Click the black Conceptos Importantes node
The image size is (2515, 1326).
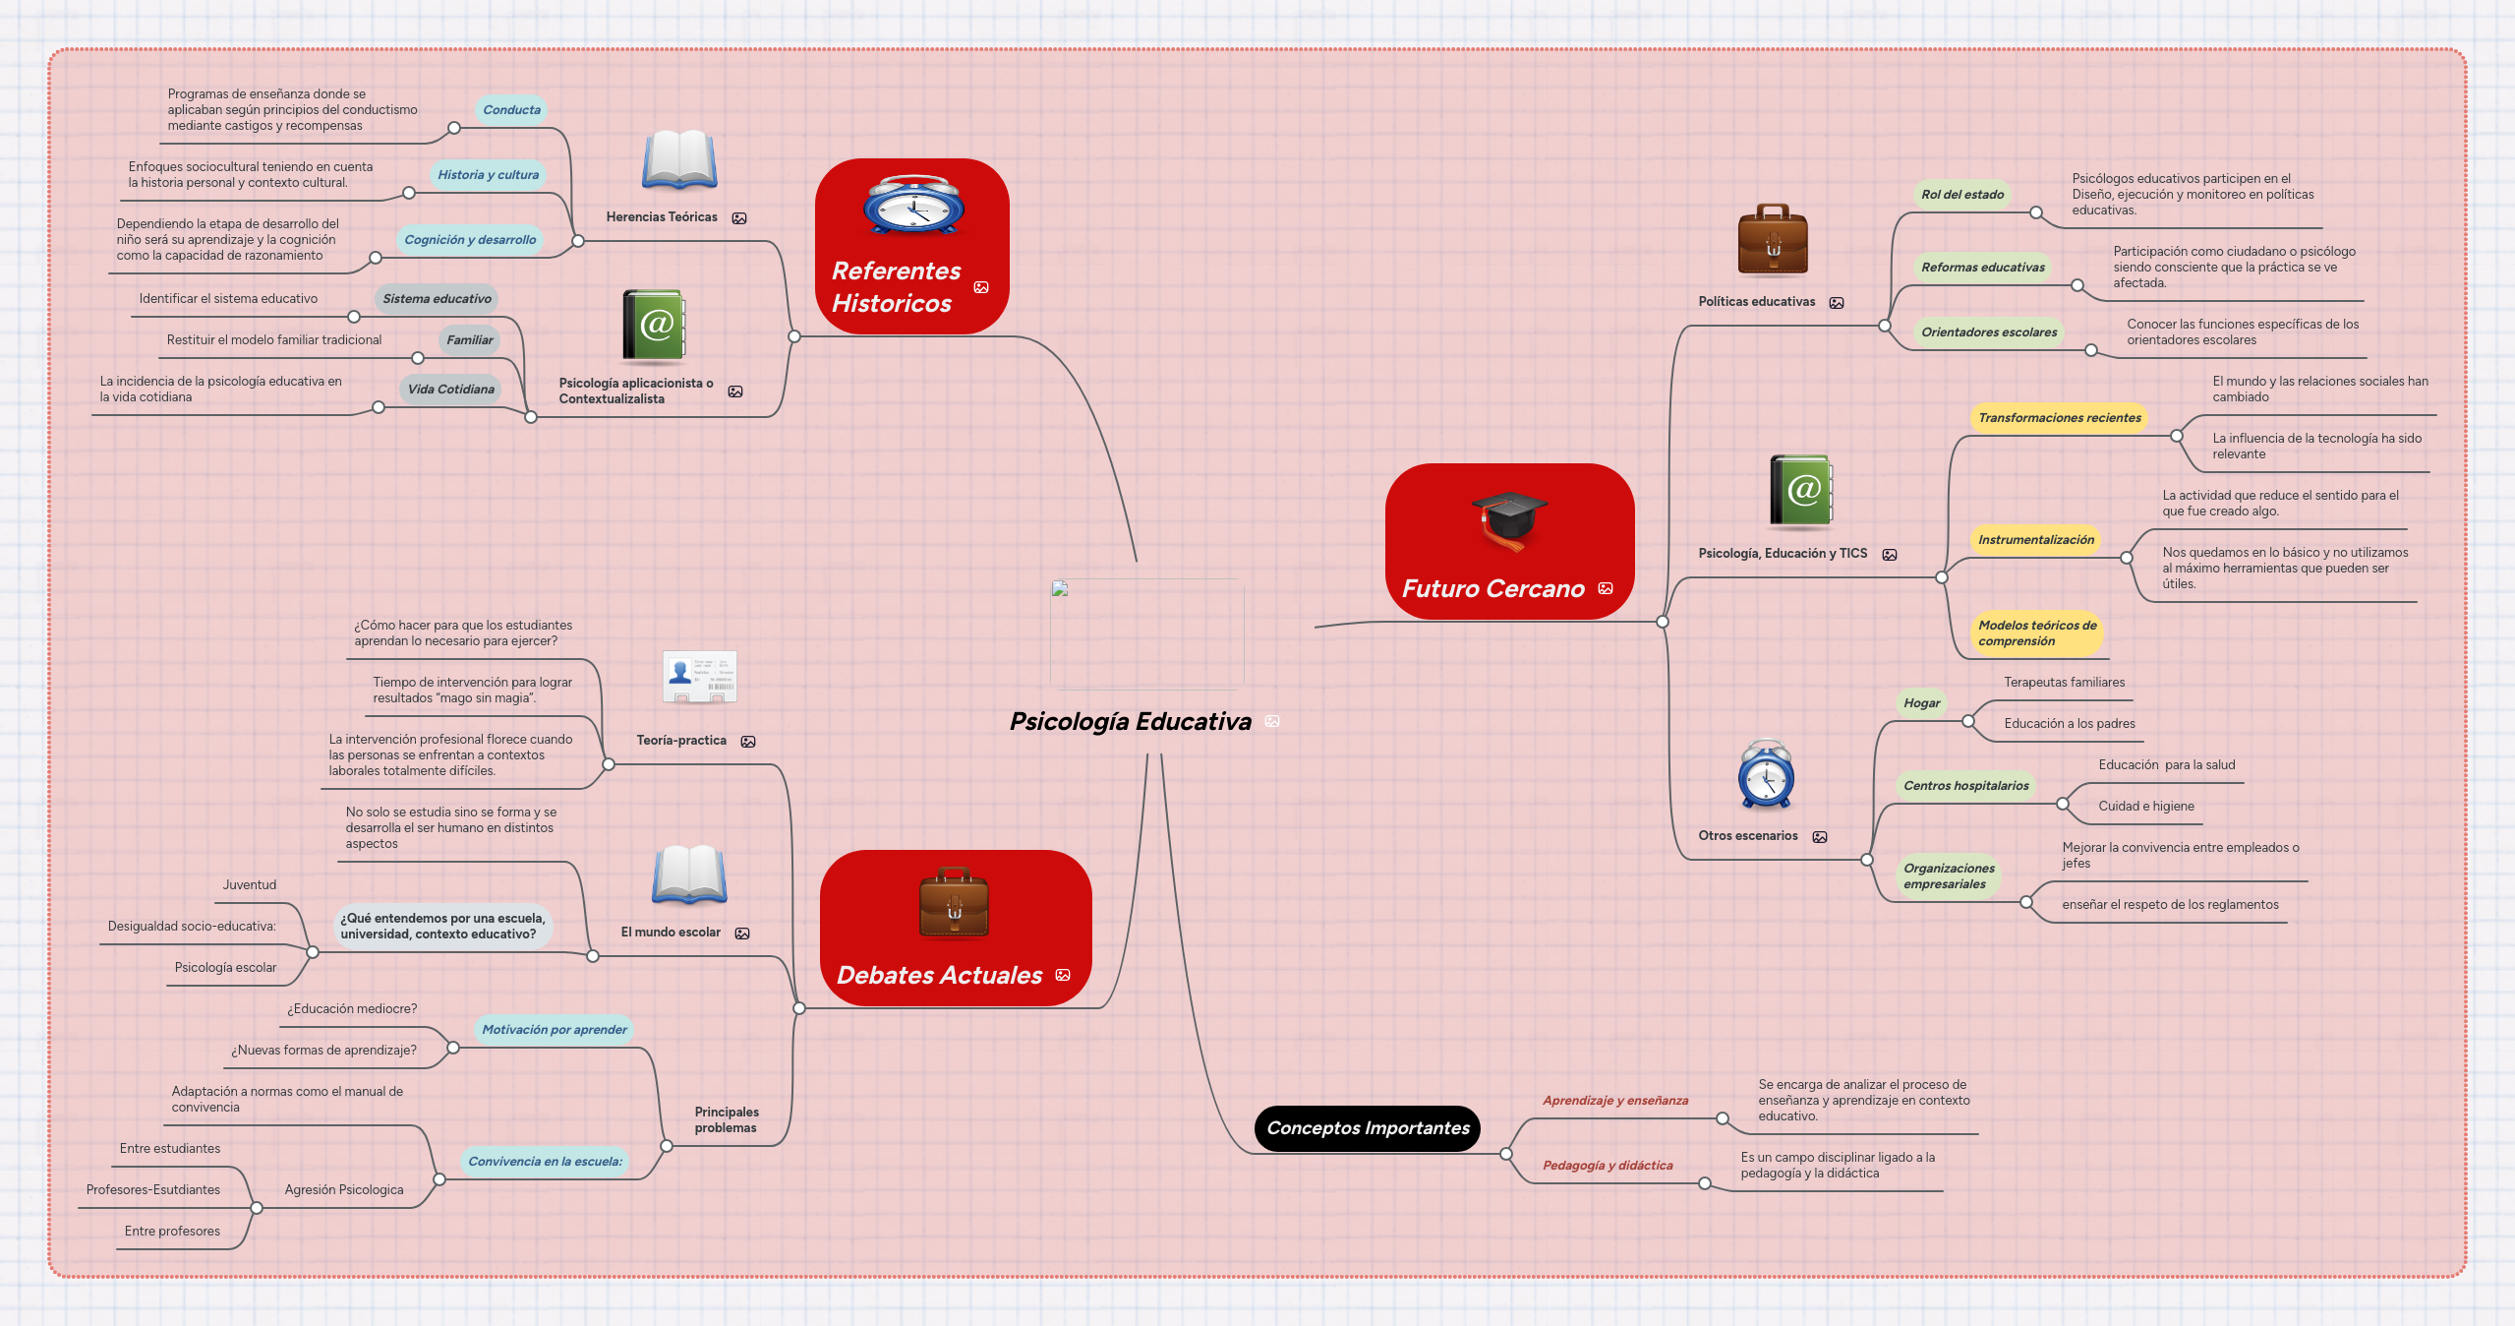[1367, 1128]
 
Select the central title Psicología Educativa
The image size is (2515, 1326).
[1130, 722]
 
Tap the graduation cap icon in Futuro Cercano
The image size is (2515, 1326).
[1509, 519]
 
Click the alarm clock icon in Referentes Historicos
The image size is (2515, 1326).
[913, 206]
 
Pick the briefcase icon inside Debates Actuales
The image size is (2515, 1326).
[954, 903]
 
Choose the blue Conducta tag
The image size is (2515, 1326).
[511, 110]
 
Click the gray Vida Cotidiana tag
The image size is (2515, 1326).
[450, 390]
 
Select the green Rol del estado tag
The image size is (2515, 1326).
[1961, 195]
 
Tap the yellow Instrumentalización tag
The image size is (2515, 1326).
[2035, 540]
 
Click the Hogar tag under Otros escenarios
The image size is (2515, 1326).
[1921, 703]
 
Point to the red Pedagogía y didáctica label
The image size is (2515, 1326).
[1607, 1166]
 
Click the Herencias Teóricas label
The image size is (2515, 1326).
[662, 217]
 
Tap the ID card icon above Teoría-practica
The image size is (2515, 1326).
[699, 677]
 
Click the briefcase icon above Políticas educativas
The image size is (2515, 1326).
[1773, 242]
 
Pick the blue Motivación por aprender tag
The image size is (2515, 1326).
[554, 1030]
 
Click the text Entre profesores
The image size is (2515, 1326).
[172, 1232]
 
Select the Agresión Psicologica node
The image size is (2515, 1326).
[344, 1190]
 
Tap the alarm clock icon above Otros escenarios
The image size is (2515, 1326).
[1766, 775]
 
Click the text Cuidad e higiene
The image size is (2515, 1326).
[2145, 807]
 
